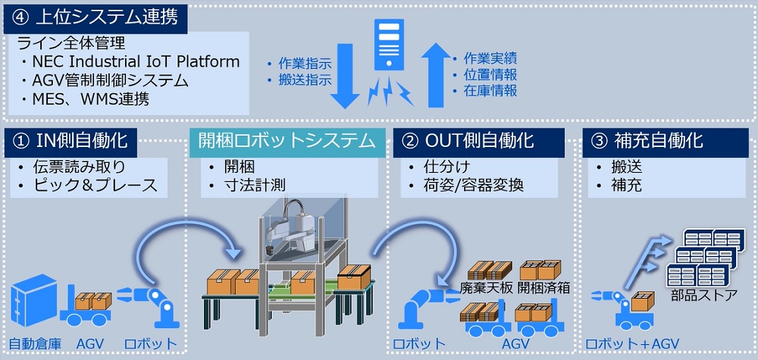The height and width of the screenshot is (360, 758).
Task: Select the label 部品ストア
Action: point(704,295)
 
